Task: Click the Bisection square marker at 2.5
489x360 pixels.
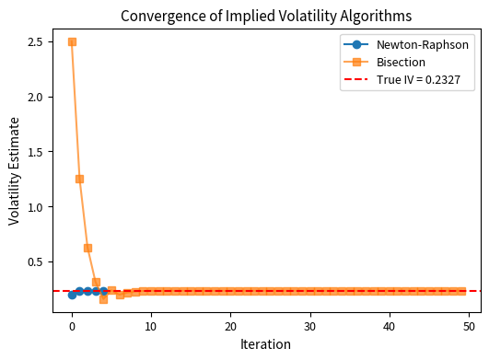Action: (x=72, y=41)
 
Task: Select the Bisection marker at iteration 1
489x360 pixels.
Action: (x=80, y=179)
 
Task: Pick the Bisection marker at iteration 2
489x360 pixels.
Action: (x=87, y=248)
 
